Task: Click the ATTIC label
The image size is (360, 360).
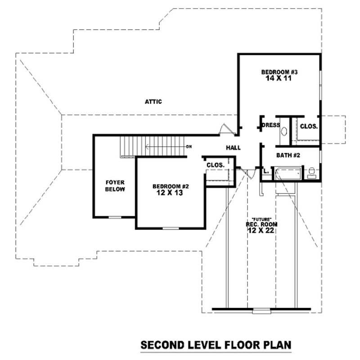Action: (x=153, y=102)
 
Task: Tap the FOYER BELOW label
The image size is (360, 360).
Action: (x=115, y=186)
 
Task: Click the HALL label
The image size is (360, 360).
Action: (x=233, y=148)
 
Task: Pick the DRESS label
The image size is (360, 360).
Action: (x=271, y=125)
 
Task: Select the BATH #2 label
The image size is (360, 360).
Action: (x=288, y=155)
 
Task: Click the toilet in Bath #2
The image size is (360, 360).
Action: (x=312, y=173)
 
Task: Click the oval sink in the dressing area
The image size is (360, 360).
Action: (x=284, y=132)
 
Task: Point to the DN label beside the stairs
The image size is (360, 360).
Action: (x=189, y=147)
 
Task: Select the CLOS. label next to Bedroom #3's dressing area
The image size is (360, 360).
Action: (x=309, y=126)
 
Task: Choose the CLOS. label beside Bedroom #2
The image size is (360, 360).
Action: (x=216, y=165)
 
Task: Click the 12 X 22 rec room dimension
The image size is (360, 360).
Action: (x=261, y=230)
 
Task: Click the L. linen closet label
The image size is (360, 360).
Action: (x=266, y=171)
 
